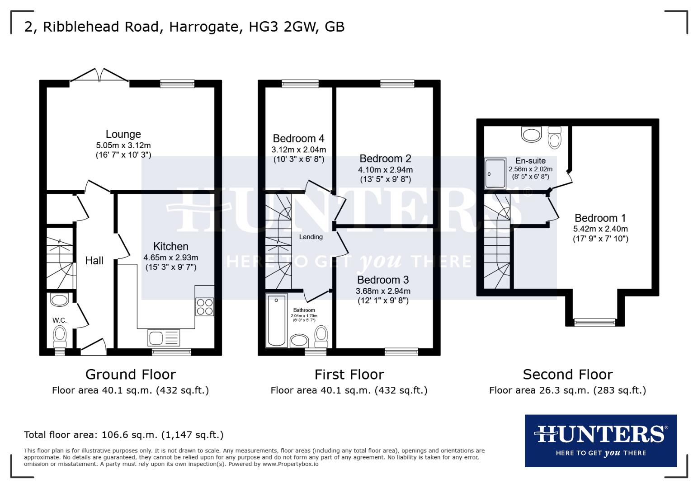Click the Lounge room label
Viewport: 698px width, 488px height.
(123, 134)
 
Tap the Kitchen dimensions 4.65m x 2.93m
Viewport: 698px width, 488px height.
(171, 258)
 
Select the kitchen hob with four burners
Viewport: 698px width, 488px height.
(204, 307)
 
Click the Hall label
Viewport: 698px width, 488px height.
(94, 261)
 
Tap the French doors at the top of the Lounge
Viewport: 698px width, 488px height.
(100, 76)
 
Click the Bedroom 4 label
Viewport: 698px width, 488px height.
(298, 139)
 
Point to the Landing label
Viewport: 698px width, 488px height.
(311, 237)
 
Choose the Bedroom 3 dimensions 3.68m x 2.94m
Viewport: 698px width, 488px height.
(383, 291)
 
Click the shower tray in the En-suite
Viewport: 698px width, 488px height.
(495, 173)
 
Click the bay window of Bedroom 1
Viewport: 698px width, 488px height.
(594, 322)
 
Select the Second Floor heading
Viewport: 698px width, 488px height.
(567, 375)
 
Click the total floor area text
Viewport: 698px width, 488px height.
(123, 435)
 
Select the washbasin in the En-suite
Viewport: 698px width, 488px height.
(531, 134)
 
